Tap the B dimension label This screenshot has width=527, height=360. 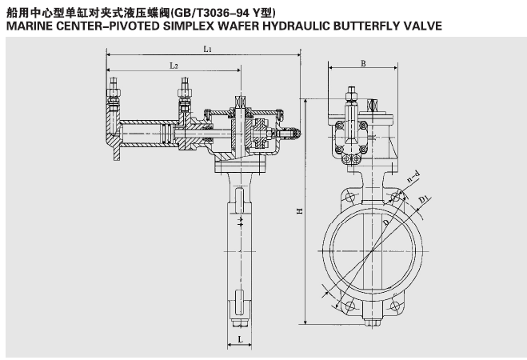tap(363, 62)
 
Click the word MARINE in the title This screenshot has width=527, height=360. tap(31, 26)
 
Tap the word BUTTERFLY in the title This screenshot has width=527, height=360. tap(365, 26)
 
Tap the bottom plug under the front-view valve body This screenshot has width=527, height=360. tap(373, 325)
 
